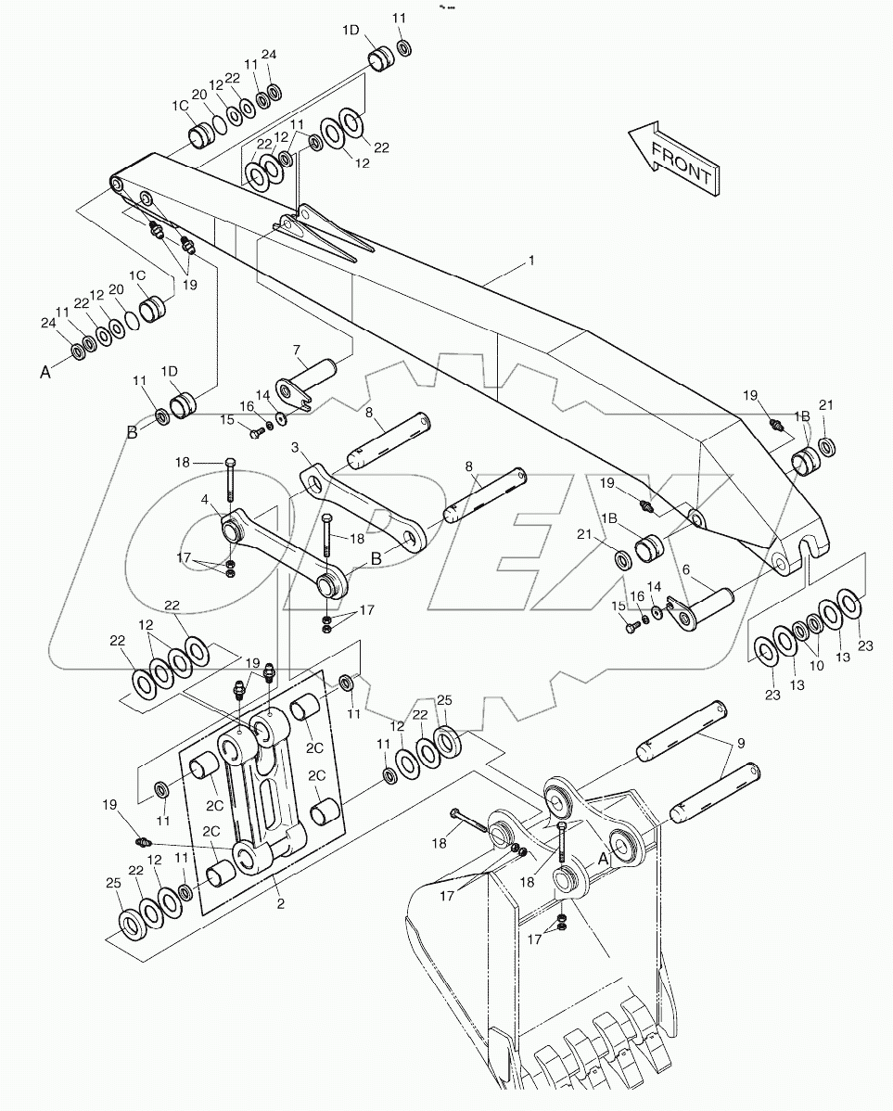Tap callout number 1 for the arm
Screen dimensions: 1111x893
[x=530, y=262]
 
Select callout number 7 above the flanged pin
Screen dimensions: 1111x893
[x=298, y=350]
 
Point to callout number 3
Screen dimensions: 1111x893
[x=295, y=448]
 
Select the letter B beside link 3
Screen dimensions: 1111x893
[x=376, y=558]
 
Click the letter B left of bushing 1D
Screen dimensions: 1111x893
[x=134, y=430]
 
